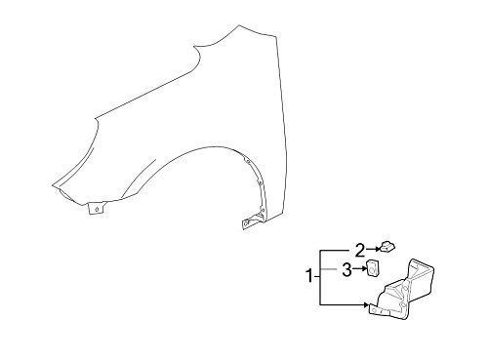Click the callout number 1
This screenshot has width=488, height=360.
310,276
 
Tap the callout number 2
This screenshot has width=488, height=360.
360,249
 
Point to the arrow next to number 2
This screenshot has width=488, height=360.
376,249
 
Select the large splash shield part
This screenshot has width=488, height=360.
405,293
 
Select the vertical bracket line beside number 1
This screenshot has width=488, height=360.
320,277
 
